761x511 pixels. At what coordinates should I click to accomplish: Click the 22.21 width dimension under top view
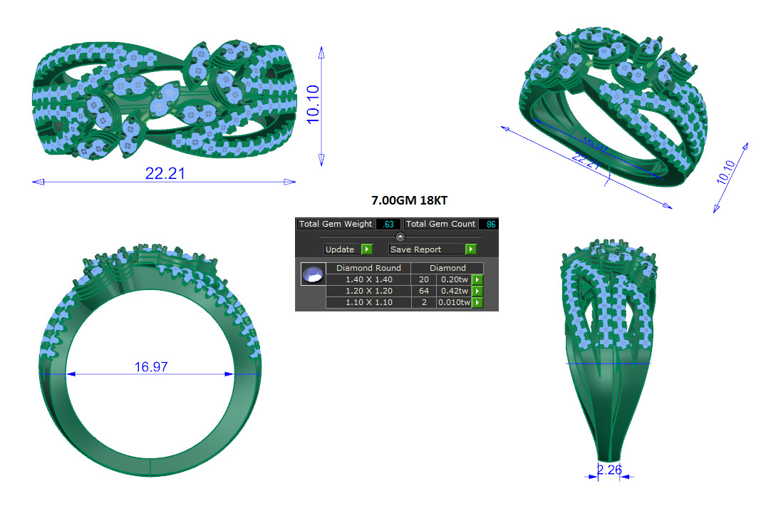point(165,173)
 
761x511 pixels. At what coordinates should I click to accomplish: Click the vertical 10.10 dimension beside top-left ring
point(311,105)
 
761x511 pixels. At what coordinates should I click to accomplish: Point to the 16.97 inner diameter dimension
point(150,367)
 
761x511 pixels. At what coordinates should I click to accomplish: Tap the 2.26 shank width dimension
point(609,470)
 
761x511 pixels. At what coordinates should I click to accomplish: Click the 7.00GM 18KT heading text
point(409,201)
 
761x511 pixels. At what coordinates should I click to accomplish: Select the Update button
point(340,249)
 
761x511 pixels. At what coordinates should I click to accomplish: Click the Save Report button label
point(415,249)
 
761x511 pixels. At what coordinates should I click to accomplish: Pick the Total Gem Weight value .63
point(388,224)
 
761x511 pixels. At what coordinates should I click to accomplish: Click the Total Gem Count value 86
point(490,224)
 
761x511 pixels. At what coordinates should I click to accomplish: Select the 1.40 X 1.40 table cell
point(368,279)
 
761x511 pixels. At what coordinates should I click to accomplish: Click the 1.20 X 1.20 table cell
point(368,291)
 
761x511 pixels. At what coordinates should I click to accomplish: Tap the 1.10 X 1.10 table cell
point(368,302)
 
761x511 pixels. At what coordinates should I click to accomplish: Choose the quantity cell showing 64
point(424,291)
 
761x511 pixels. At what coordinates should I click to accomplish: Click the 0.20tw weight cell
point(454,279)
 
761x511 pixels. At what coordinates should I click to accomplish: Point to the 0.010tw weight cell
point(454,302)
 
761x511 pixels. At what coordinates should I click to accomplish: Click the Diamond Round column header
point(368,268)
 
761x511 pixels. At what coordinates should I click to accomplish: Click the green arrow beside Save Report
point(470,249)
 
